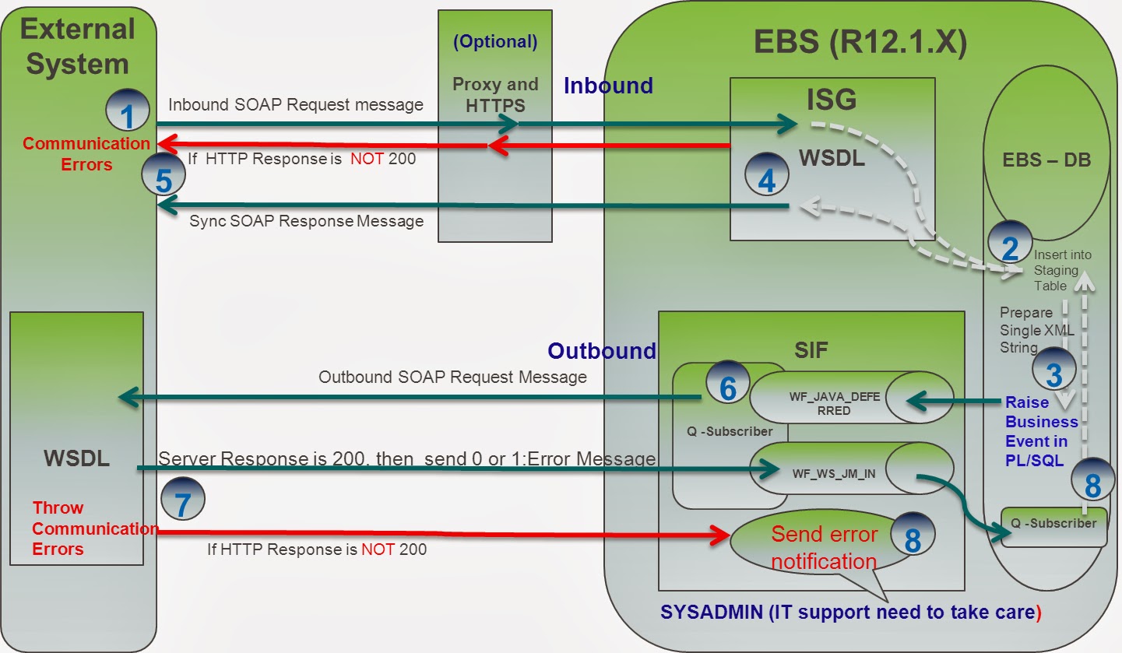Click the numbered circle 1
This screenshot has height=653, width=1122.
coord(128,114)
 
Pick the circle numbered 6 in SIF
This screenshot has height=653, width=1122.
coord(727,386)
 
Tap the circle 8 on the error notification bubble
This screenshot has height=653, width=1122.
coord(913,536)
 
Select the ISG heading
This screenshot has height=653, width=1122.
coord(831,99)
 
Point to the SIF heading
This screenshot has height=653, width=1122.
coord(812,351)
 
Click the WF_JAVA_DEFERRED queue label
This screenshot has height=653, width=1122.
coord(834,402)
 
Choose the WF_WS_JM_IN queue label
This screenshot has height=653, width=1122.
coord(833,472)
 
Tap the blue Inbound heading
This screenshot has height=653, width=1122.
coord(608,86)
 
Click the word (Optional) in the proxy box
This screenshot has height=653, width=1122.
coord(495,42)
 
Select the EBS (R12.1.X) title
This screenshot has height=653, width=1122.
coord(860,44)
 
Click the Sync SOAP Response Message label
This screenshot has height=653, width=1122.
coord(306,221)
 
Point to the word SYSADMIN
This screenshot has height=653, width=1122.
coord(712,612)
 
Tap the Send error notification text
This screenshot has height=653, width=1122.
coord(824,548)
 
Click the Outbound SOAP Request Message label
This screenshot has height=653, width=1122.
coord(452,377)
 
